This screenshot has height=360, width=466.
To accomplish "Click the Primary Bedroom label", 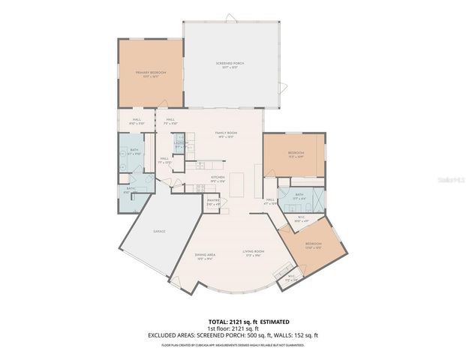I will click(150, 73).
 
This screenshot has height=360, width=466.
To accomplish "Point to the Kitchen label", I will click(218, 178).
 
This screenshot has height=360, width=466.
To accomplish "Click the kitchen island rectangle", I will click(238, 184).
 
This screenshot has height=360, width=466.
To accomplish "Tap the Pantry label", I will click(212, 202).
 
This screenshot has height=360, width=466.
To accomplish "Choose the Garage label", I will click(160, 231).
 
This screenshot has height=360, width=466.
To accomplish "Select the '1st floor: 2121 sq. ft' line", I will click(233, 327).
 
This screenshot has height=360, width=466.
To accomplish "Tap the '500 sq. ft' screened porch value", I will click(268, 334).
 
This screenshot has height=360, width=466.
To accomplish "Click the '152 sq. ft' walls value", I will click(305, 334).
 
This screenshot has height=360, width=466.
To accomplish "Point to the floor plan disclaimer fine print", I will click(233, 345).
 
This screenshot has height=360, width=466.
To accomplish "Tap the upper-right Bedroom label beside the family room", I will click(295, 154).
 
